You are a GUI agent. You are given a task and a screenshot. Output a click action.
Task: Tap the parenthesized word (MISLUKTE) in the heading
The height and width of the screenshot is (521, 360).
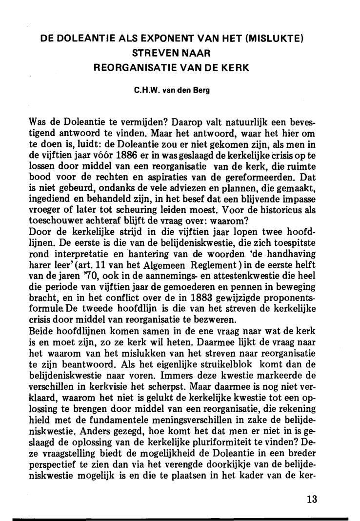click(x=282, y=39)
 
